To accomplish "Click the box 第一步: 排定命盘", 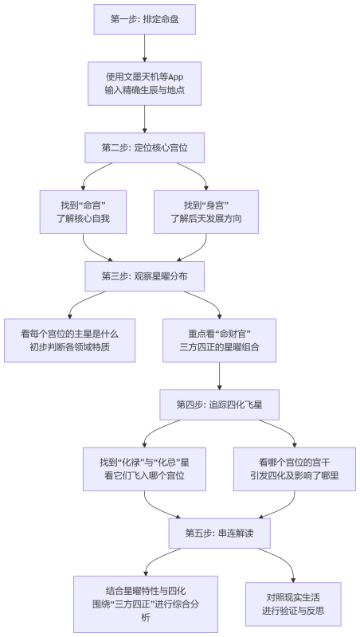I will (144, 19).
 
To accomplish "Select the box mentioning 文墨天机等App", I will (144, 84).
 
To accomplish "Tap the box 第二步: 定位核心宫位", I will (144, 148).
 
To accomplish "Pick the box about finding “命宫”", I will (83, 212).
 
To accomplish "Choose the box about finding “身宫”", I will (206, 212).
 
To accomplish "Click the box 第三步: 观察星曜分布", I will (144, 276).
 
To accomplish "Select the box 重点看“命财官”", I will (219, 340).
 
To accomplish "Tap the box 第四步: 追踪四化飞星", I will (219, 404).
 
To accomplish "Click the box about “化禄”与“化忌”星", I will (144, 468).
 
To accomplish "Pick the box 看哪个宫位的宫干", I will (294, 468).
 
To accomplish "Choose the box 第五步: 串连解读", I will (219, 533).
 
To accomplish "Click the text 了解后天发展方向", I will (206, 219).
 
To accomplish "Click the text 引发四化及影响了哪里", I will (294, 475).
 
